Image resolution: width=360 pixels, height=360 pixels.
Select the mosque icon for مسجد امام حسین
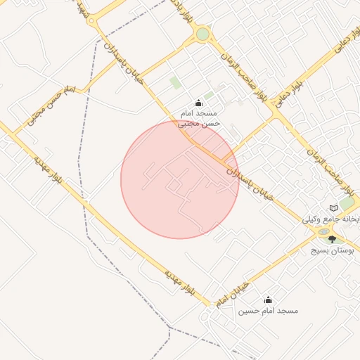(x=266, y=300)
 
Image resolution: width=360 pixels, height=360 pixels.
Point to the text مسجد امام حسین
(x=268, y=310)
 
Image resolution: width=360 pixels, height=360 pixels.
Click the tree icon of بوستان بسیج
(x=332, y=240)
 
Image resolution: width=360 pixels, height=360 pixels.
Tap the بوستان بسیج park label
(x=333, y=250)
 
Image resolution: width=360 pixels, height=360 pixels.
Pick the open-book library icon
(x=333, y=208)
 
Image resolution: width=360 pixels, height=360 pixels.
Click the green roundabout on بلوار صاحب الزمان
(x=202, y=34)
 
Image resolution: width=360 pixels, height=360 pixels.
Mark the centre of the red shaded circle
(x=179, y=179)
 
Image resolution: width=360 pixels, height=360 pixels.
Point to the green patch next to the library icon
(x=347, y=203)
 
